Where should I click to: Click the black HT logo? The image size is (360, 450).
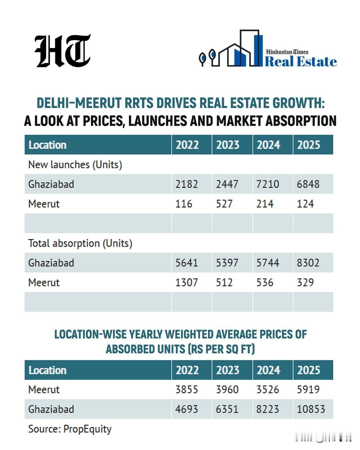[x=62, y=51]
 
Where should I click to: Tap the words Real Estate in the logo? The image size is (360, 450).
[x=300, y=62]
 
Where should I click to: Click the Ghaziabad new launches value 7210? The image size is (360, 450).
[x=267, y=184]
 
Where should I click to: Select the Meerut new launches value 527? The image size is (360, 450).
[x=224, y=204]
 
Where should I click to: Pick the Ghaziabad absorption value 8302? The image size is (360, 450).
[x=308, y=263]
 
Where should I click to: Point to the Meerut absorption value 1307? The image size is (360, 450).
[x=186, y=282]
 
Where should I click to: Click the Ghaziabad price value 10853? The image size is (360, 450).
[x=311, y=409]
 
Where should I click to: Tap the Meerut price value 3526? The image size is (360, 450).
[x=267, y=389]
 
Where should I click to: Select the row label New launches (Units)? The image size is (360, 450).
[x=75, y=164]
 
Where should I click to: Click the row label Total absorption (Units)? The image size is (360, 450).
[x=80, y=243]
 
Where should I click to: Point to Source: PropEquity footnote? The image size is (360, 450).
[x=70, y=429]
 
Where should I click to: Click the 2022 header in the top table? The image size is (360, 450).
[x=187, y=145]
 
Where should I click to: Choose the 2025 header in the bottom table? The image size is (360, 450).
[x=308, y=370]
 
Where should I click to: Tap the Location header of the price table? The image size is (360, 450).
[x=47, y=370]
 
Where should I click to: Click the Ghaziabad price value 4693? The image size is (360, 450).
[x=186, y=409]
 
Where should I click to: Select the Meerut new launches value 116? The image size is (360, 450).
[x=184, y=204]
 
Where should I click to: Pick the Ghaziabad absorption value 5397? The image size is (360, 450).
[x=227, y=263]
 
